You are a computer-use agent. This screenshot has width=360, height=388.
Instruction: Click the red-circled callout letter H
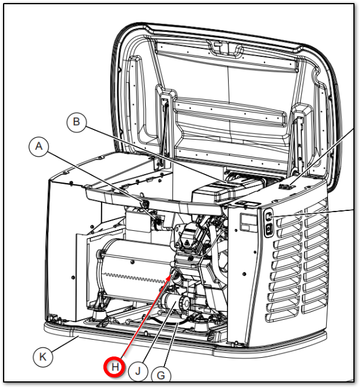[x=114, y=367]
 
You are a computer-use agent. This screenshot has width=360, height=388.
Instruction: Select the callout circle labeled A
[x=39, y=146]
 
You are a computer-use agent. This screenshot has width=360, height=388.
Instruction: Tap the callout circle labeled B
[x=77, y=122]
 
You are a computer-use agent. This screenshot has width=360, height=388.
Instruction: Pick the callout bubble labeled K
[x=43, y=357]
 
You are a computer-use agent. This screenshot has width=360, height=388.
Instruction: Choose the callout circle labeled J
[x=138, y=371]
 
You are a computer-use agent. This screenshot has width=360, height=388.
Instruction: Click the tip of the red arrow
[x=171, y=275]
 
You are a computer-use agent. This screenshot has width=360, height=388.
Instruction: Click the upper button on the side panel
[x=268, y=217]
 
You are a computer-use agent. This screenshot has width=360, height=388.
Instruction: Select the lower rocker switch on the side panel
[x=269, y=229]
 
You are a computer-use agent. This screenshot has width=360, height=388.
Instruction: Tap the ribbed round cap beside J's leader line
[x=185, y=302]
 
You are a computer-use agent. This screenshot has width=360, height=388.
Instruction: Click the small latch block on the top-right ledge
[x=284, y=186]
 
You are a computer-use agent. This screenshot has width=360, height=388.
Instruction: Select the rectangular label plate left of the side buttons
[x=247, y=223]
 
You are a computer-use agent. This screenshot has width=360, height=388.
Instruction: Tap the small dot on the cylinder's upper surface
[x=133, y=262]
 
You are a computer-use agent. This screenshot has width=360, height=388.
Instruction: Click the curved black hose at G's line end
[x=171, y=322]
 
